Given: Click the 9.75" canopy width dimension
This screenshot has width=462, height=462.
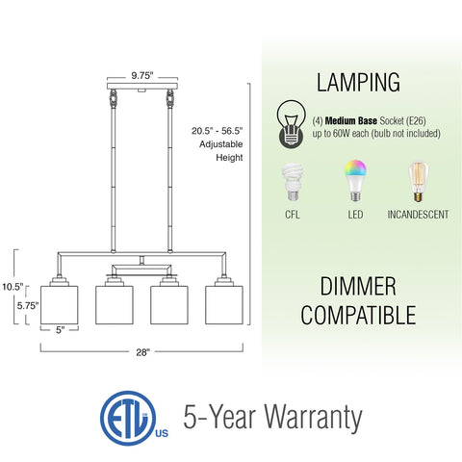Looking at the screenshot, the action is pyautogui.click(x=142, y=76).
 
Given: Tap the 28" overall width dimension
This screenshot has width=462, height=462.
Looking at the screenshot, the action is pyautogui.click(x=142, y=352).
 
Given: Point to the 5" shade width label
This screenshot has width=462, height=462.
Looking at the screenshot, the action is pyautogui.click(x=60, y=330).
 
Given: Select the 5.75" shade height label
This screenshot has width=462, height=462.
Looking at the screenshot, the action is pyautogui.click(x=28, y=306).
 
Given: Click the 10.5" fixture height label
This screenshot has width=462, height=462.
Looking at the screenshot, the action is pyautogui.click(x=13, y=287).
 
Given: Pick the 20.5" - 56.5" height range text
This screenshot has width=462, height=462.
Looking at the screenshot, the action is pyautogui.click(x=218, y=131).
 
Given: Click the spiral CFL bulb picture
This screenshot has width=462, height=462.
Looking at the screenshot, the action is pyautogui.click(x=293, y=182).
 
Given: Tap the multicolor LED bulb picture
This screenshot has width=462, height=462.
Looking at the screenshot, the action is pyautogui.click(x=355, y=181).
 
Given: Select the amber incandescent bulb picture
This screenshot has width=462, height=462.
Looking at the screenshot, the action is pyautogui.click(x=418, y=182).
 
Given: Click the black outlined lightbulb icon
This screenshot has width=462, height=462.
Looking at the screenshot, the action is pyautogui.click(x=292, y=124).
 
